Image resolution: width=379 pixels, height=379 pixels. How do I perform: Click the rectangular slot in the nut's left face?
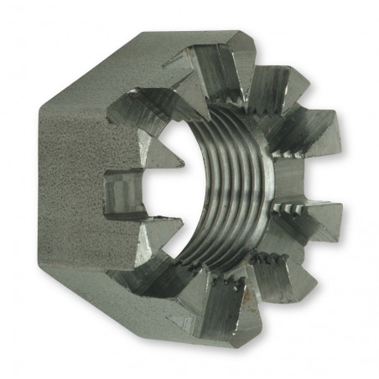pos(122,192)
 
